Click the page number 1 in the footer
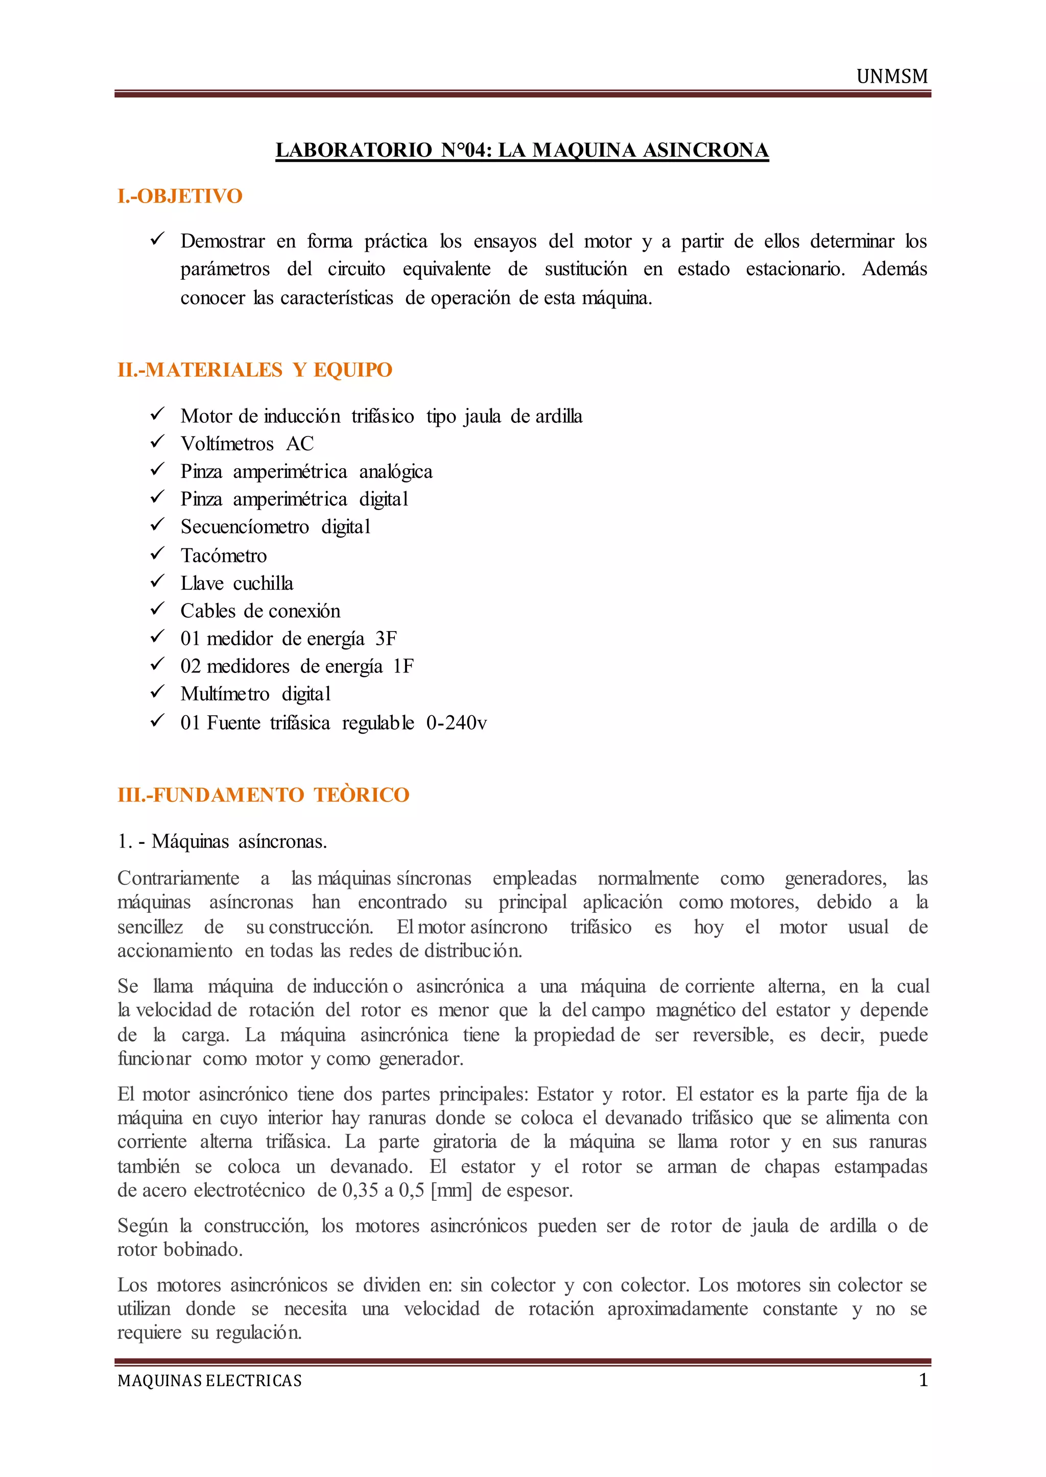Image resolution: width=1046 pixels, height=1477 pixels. coord(923,1380)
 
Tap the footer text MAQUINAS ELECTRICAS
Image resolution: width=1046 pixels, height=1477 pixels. coord(209,1381)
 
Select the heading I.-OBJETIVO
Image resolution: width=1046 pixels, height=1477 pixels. coord(180,196)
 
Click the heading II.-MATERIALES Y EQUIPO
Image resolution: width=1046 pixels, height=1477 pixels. coord(254,370)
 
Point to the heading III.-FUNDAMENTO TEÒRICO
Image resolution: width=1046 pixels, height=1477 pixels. coord(263,794)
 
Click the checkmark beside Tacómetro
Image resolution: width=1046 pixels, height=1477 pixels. coord(157,554)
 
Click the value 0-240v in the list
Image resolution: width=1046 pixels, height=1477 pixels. coord(456,722)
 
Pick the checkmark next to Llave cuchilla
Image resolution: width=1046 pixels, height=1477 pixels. coord(157,582)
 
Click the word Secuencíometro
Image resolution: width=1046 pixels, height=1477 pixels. coord(244,527)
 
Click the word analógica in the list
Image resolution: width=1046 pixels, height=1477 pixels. coord(395,472)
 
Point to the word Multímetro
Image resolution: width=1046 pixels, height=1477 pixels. coord(225,694)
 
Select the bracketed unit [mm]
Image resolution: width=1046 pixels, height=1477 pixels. coord(451,1190)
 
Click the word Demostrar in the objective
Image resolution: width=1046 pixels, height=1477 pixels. coord(222,241)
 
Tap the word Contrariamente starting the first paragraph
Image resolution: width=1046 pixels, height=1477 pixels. coord(178,878)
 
